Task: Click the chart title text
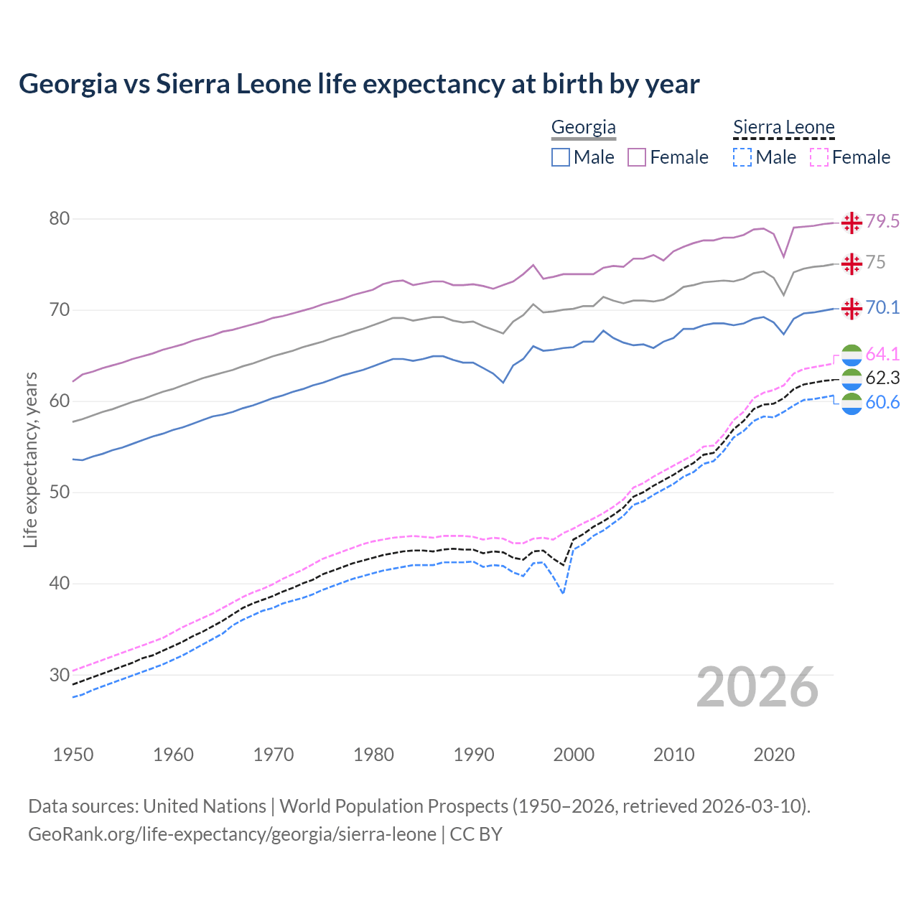pyautogui.click(x=359, y=84)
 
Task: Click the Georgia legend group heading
pyautogui.click(x=583, y=127)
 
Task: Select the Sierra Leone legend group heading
pyautogui.click(x=783, y=127)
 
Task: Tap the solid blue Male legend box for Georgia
pyautogui.click(x=561, y=157)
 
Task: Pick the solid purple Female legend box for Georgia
pyautogui.click(x=637, y=157)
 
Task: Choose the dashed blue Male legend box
pyautogui.click(x=742, y=157)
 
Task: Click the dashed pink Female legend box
pyautogui.click(x=819, y=157)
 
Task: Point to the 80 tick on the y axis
pyautogui.click(x=60, y=218)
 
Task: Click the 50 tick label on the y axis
pyautogui.click(x=60, y=492)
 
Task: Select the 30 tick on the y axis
pyautogui.click(x=60, y=674)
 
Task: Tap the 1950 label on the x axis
pyautogui.click(x=73, y=755)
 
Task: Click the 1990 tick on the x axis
pyautogui.click(x=474, y=755)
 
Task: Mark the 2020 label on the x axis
pyautogui.click(x=774, y=755)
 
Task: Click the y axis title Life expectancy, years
pyautogui.click(x=30, y=459)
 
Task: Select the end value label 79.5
pyautogui.click(x=882, y=221)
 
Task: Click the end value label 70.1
pyautogui.click(x=882, y=307)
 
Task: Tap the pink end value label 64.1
pyautogui.click(x=882, y=354)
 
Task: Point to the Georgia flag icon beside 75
pyautogui.click(x=852, y=263)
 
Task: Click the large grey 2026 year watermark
pyautogui.click(x=757, y=687)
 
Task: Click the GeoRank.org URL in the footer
pyautogui.click(x=232, y=834)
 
